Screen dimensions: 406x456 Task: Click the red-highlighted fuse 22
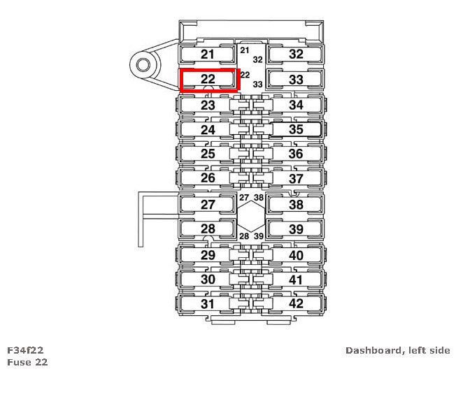(209, 79)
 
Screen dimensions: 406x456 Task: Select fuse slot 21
(208, 55)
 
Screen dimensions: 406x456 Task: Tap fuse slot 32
(296, 55)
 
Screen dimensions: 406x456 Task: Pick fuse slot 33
(296, 80)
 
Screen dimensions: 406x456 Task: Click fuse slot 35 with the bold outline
(296, 129)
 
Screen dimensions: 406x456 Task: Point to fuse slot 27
(208, 205)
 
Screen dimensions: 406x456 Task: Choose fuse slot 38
(296, 205)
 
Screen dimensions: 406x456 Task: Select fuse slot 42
(296, 304)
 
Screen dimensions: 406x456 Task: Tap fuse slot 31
(208, 304)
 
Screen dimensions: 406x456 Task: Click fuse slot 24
(208, 129)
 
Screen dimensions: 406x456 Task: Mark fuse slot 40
(296, 255)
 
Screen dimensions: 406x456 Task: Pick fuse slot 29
(208, 255)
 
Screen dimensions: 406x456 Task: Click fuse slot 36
(296, 154)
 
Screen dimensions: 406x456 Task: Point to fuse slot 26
(208, 178)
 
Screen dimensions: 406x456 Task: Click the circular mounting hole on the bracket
(143, 66)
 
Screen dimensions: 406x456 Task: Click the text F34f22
(27, 350)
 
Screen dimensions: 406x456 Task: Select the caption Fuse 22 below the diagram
(27, 362)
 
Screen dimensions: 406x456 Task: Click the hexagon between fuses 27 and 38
(250, 217)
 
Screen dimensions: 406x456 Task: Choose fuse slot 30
(208, 280)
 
